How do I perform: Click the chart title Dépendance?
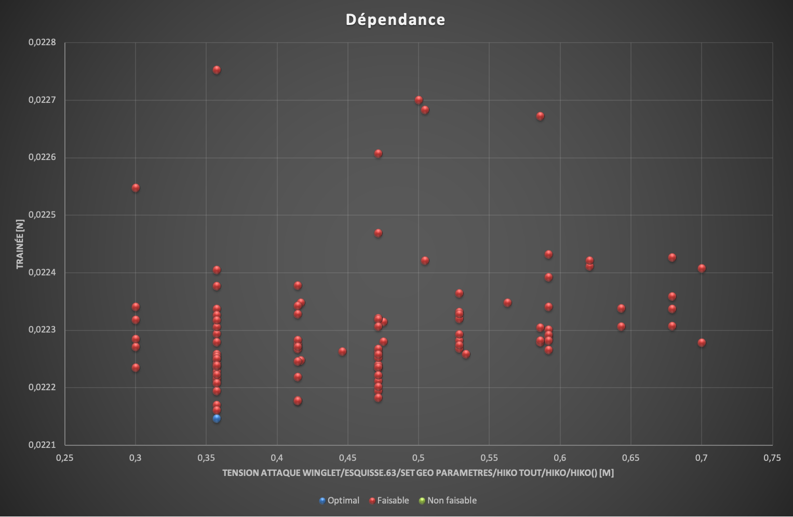coord(396,20)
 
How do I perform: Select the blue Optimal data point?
coord(217,418)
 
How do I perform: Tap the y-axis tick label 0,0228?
coord(42,42)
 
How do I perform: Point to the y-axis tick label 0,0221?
coord(42,445)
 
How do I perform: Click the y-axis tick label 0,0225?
coord(42,215)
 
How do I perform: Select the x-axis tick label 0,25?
coord(64,458)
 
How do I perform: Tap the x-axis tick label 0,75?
coord(772,458)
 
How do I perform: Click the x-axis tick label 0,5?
coord(419,458)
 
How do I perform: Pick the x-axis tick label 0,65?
coord(630,458)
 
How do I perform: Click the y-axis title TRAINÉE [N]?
coord(20,244)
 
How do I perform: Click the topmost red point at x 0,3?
coord(136,188)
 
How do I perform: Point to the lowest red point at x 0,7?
coord(702,342)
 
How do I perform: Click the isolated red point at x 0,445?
coord(343,351)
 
